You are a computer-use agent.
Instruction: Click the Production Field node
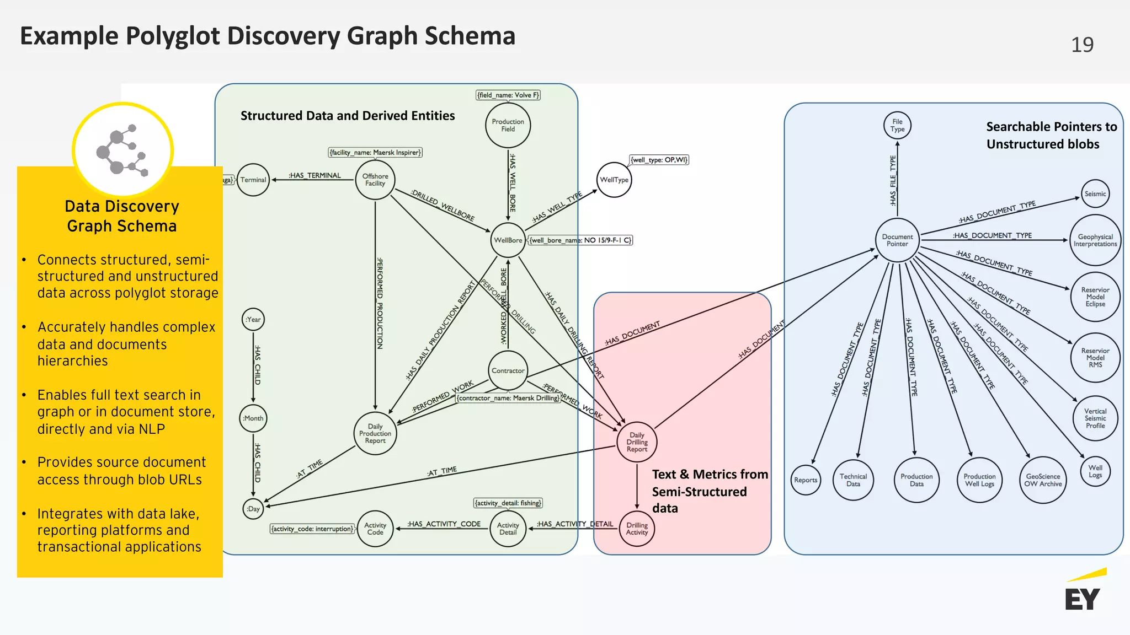point(508,126)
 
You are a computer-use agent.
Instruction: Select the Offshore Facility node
point(375,180)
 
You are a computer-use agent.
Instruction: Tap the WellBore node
point(508,240)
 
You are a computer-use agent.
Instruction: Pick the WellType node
point(614,180)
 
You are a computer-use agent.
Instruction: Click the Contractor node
point(508,370)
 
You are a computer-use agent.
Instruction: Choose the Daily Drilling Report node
point(637,442)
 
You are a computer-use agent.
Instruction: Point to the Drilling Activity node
point(637,529)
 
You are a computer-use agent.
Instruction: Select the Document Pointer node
point(897,240)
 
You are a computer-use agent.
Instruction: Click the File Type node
point(897,126)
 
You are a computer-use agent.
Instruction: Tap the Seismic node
point(1095,194)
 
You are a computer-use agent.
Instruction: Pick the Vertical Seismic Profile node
point(1095,418)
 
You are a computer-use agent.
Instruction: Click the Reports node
point(806,480)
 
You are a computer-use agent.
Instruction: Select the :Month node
point(253,418)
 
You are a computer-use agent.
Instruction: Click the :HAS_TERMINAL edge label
point(315,175)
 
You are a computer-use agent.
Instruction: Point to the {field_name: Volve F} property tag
point(508,95)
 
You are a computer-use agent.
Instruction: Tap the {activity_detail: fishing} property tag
point(508,503)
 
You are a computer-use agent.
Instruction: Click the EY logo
point(1084,593)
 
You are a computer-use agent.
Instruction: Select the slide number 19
point(1082,45)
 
